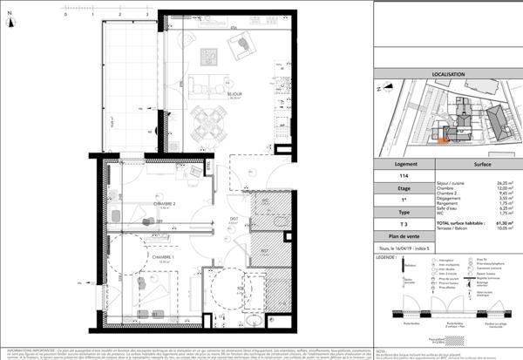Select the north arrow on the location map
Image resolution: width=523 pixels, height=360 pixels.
380,89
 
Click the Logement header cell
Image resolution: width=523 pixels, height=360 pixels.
402,162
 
